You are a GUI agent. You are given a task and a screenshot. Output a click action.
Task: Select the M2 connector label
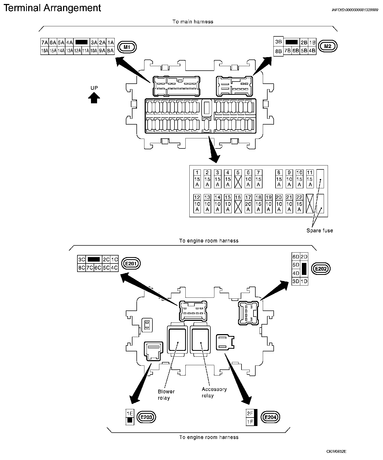coord(328,46)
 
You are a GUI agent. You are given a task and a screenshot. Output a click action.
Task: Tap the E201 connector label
coord(131,263)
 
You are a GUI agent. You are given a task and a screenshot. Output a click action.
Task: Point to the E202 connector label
coord(320,269)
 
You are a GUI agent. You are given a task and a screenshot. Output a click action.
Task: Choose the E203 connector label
coord(146,417)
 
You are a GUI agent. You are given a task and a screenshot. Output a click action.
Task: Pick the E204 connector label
coord(270,417)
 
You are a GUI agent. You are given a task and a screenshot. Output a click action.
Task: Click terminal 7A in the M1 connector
coord(45,42)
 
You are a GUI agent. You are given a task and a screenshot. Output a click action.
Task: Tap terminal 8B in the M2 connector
coord(278,51)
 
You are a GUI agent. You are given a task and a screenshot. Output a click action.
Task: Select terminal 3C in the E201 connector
coord(82,259)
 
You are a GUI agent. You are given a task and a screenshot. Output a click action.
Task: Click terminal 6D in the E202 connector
coord(296,257)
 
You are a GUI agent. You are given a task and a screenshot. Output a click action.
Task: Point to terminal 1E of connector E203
coord(130,413)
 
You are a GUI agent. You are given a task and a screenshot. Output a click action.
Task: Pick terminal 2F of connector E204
coord(250,413)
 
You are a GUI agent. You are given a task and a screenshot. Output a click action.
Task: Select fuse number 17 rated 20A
coord(248,204)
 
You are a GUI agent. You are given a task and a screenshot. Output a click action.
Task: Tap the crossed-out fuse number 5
coord(238,179)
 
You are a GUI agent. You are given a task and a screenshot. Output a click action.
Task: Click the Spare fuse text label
coord(320,231)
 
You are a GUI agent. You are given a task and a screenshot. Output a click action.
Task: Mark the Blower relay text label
coord(166,395)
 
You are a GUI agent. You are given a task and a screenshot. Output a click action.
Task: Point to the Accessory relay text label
coord(214,393)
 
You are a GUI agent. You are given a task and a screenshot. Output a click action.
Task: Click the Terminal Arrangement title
coord(52,8)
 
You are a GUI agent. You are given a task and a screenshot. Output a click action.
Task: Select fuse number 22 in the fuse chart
coord(299,204)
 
